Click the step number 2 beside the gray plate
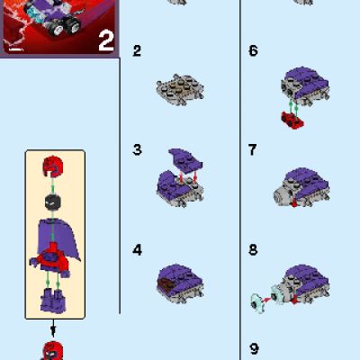click(x=137, y=51)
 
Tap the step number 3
click(x=137, y=149)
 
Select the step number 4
click(x=137, y=249)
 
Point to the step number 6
click(x=253, y=51)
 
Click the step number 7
click(x=253, y=149)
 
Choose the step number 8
click(x=253, y=249)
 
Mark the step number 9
click(x=253, y=347)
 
